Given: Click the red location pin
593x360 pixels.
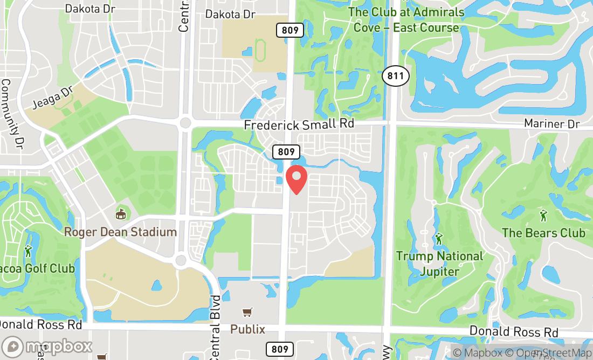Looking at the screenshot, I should (x=296, y=180).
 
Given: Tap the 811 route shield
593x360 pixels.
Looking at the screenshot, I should (x=395, y=76).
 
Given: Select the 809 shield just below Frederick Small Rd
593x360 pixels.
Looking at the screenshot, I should (x=286, y=152).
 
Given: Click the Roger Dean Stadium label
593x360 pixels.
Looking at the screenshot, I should (x=120, y=232).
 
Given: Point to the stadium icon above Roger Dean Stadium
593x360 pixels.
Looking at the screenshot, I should (x=121, y=214).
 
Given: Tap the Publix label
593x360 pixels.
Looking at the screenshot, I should (x=248, y=329).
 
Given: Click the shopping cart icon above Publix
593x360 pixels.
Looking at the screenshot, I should (x=247, y=312).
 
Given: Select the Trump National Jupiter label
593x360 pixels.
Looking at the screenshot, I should (x=439, y=264).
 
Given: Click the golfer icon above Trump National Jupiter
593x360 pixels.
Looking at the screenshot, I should (x=439, y=238).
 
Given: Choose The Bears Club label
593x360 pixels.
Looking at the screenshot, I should (x=543, y=233).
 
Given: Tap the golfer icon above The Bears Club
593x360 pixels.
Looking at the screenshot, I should (x=543, y=216).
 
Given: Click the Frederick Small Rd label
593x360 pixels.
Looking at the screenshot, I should (x=299, y=124).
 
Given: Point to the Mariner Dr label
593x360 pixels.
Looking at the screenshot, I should (x=552, y=124).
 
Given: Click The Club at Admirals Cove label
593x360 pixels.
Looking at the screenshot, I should (x=406, y=19).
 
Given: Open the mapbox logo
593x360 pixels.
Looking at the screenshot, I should (x=47, y=346).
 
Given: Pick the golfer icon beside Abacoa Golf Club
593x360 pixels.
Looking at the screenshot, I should (x=28, y=251).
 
